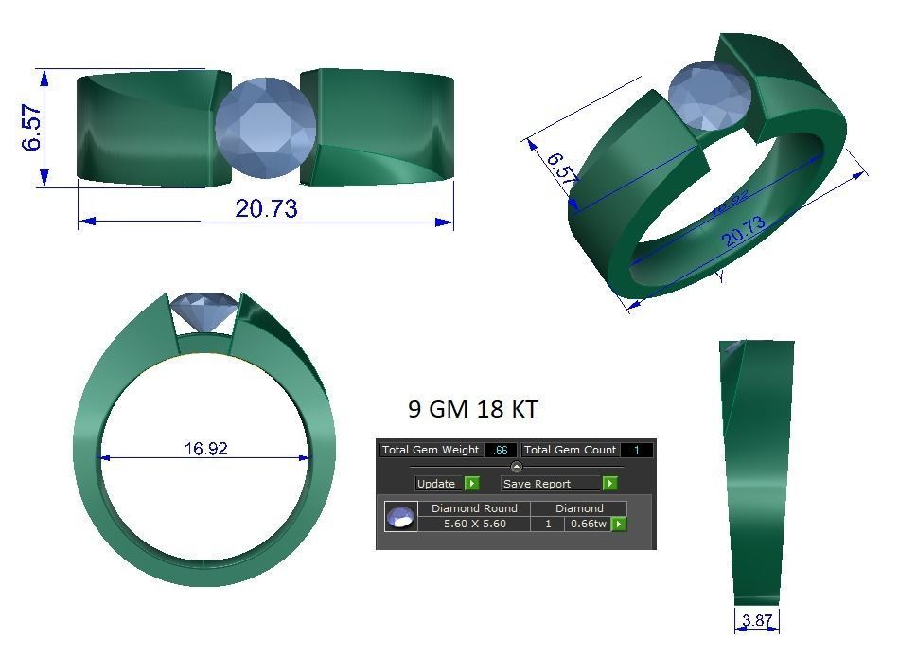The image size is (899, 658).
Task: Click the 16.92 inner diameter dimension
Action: tap(205, 449)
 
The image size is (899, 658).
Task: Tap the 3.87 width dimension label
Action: tap(757, 621)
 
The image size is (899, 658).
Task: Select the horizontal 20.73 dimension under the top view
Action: tap(266, 208)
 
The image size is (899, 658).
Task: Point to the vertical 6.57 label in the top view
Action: tap(32, 127)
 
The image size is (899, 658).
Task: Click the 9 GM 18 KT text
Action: tap(473, 409)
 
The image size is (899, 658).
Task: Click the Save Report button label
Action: tap(537, 484)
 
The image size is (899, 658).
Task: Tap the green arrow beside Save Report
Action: tap(610, 484)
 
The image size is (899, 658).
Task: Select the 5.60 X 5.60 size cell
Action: tap(474, 524)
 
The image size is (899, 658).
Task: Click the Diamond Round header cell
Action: tap(474, 508)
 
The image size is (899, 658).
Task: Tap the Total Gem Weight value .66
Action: tap(500, 450)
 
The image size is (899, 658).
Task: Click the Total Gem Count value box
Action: tap(636, 450)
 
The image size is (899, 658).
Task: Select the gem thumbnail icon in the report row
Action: tap(401, 517)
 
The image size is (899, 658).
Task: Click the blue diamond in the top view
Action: tap(265, 127)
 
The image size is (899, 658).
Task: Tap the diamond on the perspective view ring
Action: tap(710, 96)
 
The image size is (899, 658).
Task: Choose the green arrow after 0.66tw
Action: tap(619, 524)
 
